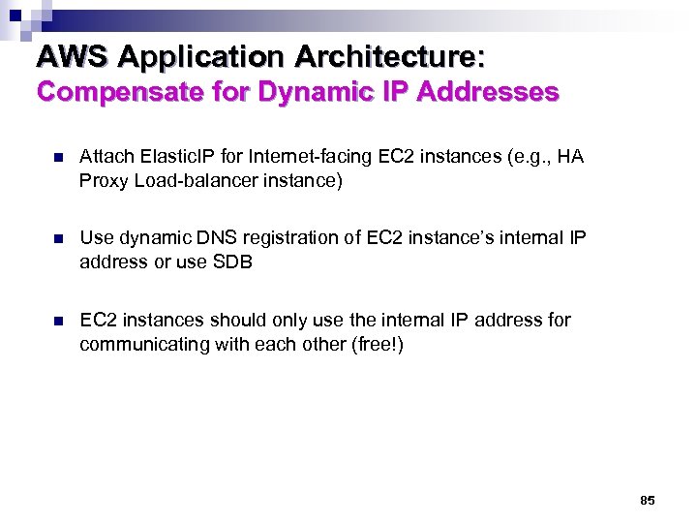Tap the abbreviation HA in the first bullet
[x=572, y=157]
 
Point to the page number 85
[x=648, y=500]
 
